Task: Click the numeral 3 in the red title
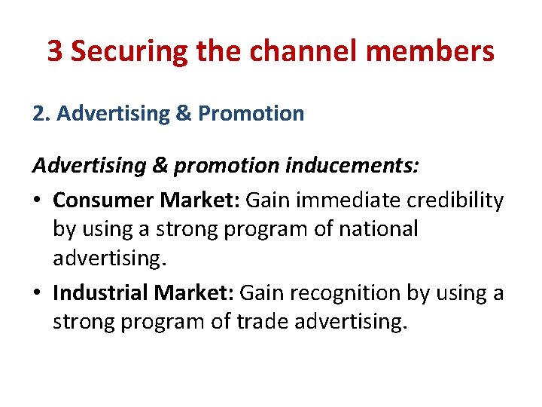coord(55,51)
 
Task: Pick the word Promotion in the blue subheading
coord(251,114)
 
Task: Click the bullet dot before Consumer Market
coord(38,200)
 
